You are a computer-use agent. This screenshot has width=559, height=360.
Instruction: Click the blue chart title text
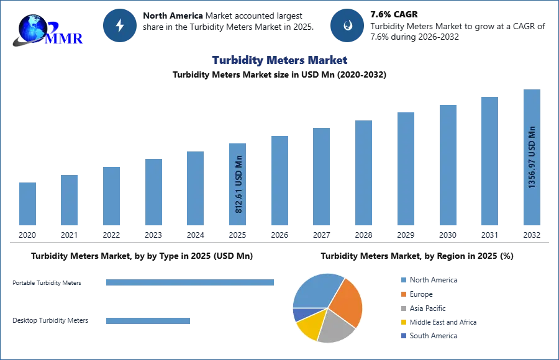pyautogui.click(x=279, y=60)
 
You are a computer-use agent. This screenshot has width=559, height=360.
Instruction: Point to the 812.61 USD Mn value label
pyautogui.click(x=239, y=184)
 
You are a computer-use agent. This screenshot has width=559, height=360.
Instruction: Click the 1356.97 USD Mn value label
pyautogui.click(x=532, y=158)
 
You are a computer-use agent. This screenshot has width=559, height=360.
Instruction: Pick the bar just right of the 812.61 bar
pyautogui.click(x=278, y=181)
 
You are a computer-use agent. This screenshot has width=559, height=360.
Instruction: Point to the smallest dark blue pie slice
pyautogui.click(x=299, y=314)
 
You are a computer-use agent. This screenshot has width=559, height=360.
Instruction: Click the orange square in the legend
pyautogui.click(x=403, y=294)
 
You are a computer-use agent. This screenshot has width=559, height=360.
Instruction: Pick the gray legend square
pyautogui.click(x=403, y=308)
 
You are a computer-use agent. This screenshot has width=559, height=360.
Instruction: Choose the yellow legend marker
pyautogui.click(x=403, y=323)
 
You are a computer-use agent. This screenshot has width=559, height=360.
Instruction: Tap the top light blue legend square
pyautogui.click(x=403, y=279)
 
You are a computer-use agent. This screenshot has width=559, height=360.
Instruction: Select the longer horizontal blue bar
pyautogui.click(x=191, y=283)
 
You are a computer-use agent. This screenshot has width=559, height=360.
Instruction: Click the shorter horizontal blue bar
pyautogui.click(x=149, y=323)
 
